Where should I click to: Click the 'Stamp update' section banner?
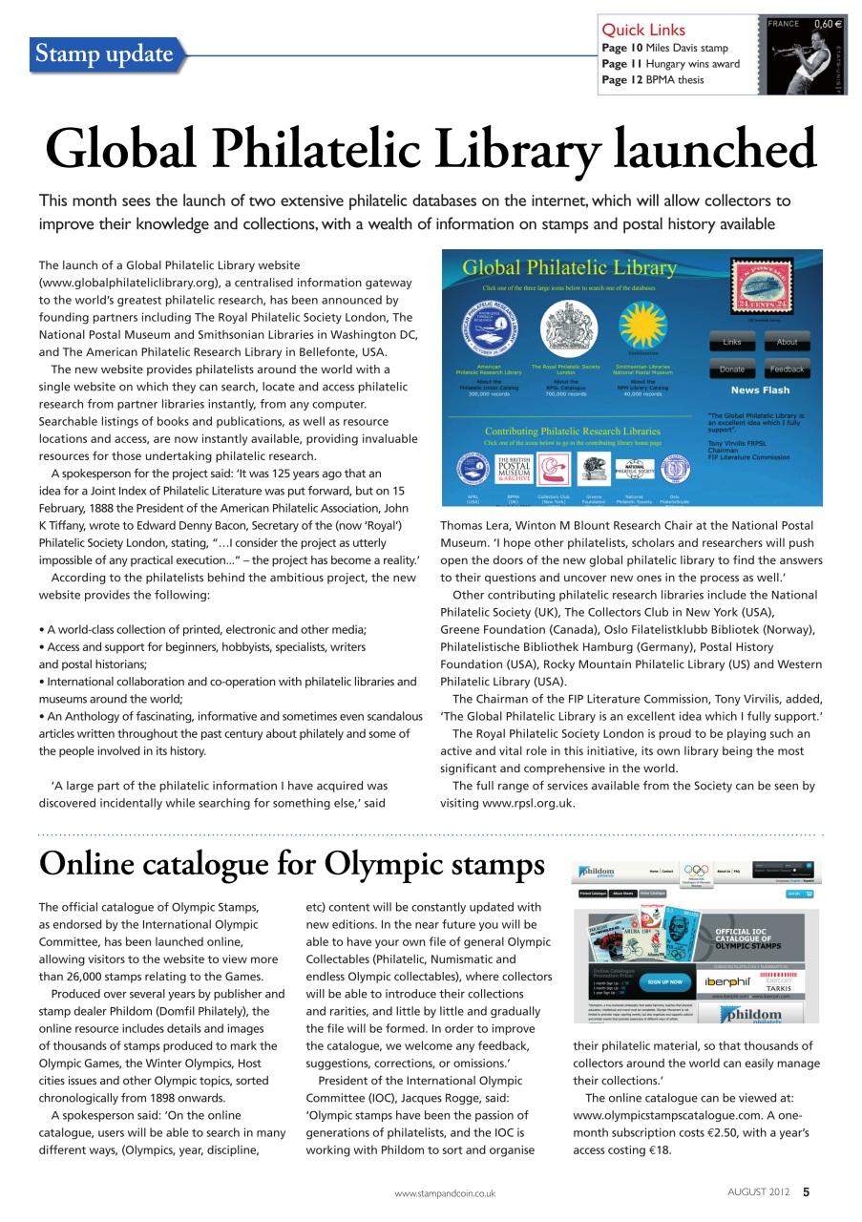105,54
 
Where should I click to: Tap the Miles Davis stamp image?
806,54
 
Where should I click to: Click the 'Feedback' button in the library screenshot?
787,369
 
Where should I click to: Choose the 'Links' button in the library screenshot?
731,342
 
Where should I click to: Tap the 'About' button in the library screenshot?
787,342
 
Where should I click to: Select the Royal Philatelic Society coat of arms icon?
565,326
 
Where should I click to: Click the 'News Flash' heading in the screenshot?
760,390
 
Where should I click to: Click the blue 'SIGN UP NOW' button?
664,981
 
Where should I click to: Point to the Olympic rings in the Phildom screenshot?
696,871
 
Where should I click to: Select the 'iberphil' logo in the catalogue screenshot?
732,981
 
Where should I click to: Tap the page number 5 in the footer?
807,1191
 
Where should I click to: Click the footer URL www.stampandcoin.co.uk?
445,1192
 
